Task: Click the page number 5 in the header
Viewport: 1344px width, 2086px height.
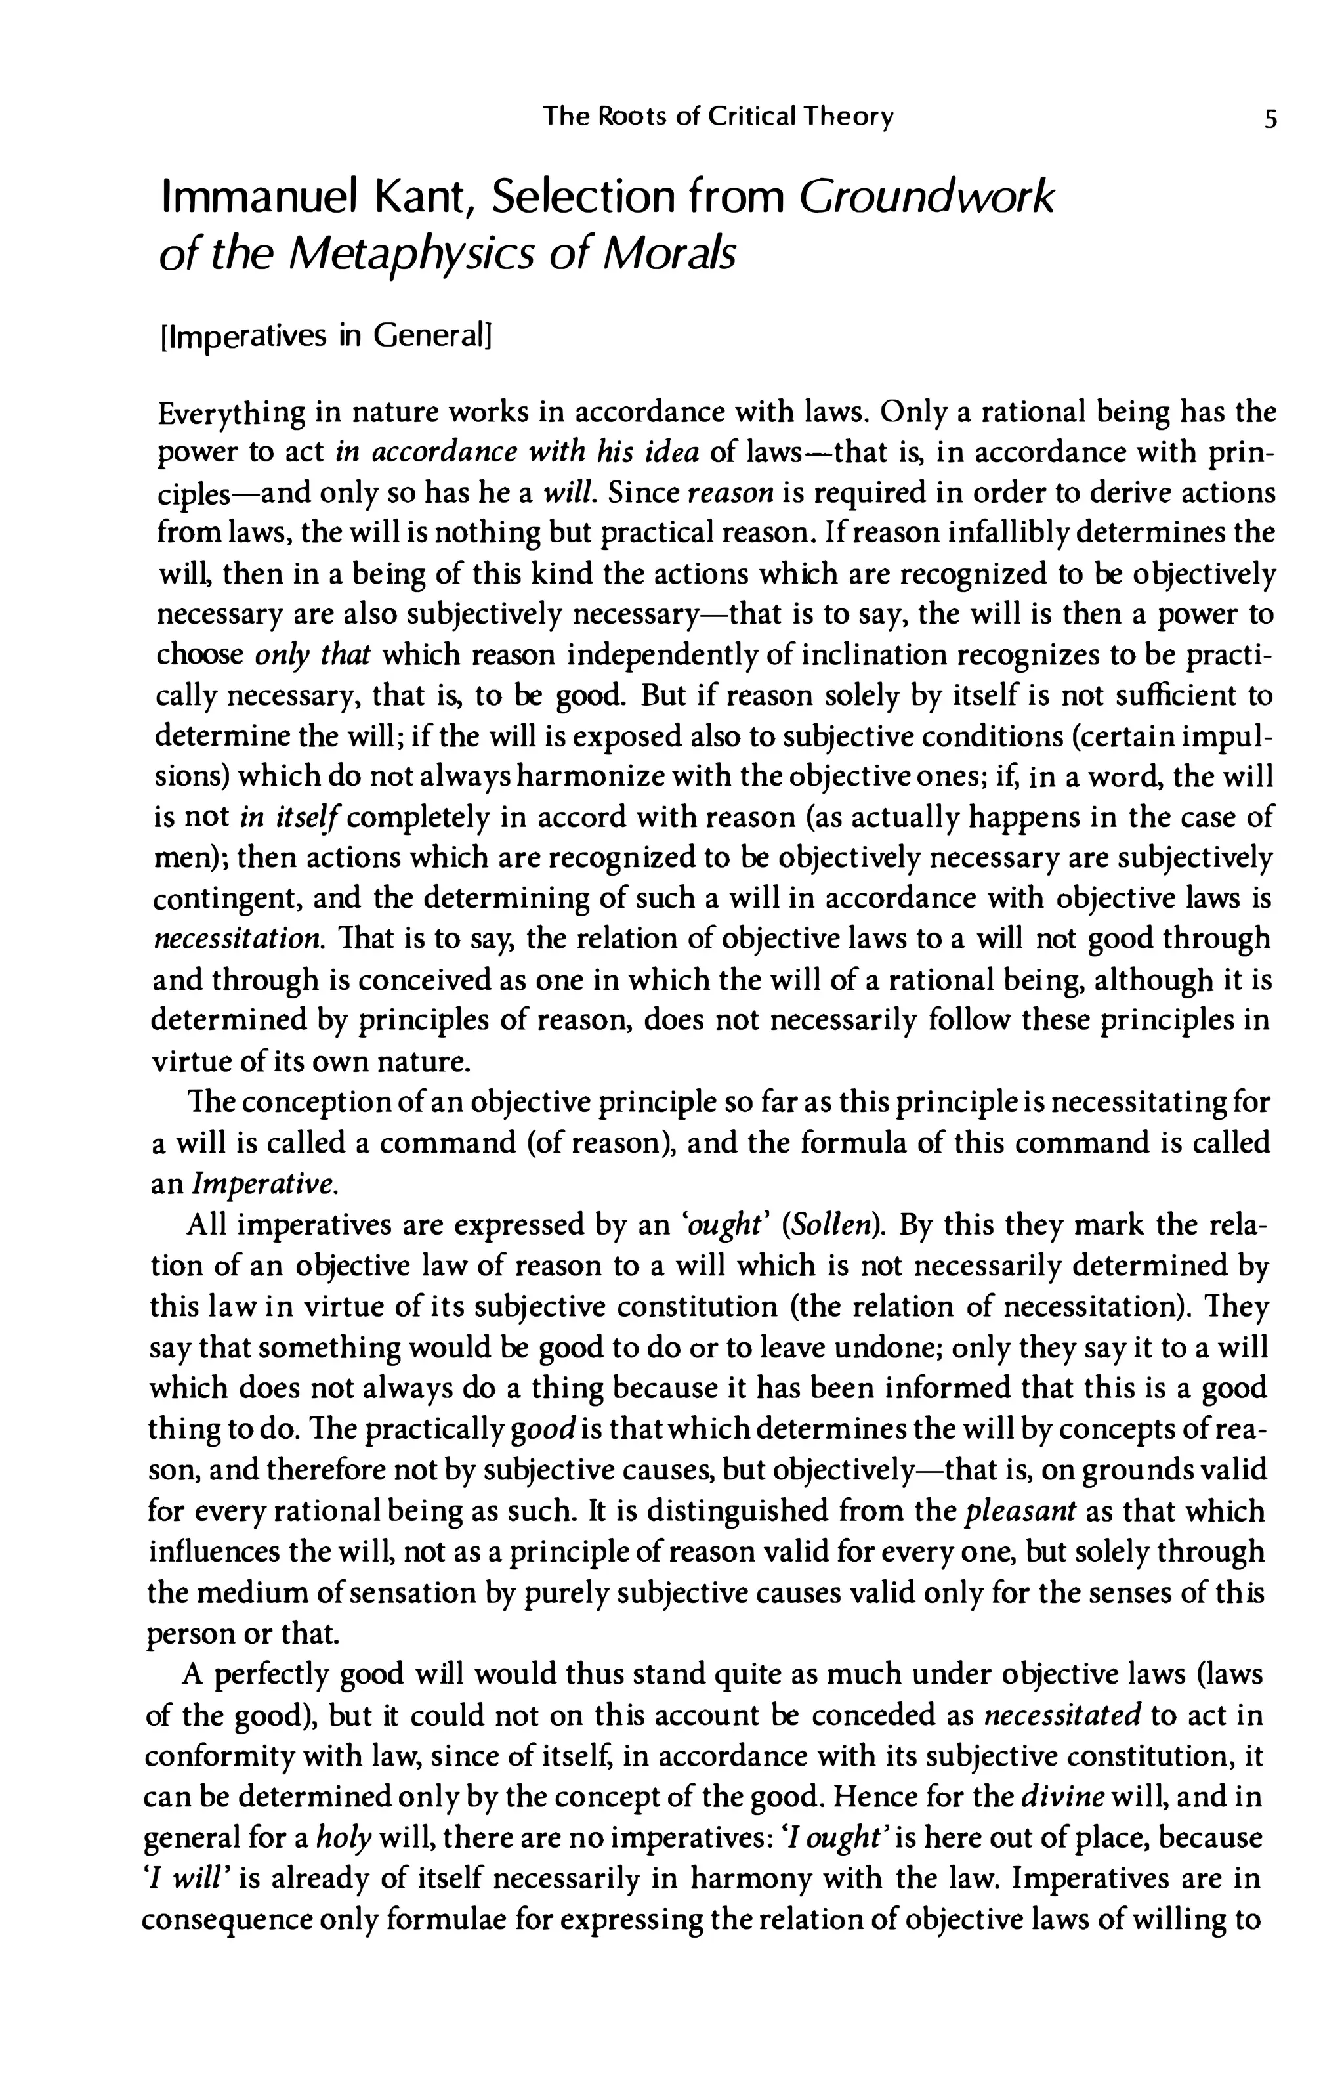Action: tap(1270, 118)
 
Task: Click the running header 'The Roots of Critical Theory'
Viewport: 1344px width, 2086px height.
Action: tap(717, 117)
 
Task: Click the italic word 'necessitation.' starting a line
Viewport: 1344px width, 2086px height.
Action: tap(236, 940)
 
